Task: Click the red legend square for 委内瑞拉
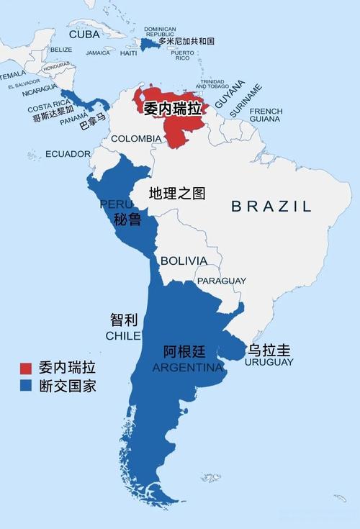pyautogui.click(x=26, y=368)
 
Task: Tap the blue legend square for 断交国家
pyautogui.click(x=26, y=386)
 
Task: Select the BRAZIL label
pyautogui.click(x=271, y=207)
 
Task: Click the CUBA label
pyautogui.click(x=84, y=34)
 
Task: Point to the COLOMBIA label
pyautogui.click(x=136, y=138)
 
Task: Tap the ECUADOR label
pyautogui.click(x=68, y=154)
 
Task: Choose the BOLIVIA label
pyautogui.click(x=184, y=261)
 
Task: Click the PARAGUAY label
pyautogui.click(x=222, y=281)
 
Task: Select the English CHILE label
pyautogui.click(x=123, y=336)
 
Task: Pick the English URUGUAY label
pyautogui.click(x=269, y=362)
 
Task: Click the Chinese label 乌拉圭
pyautogui.click(x=269, y=350)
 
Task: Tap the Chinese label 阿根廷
pyautogui.click(x=184, y=353)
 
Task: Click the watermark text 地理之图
pyautogui.click(x=177, y=193)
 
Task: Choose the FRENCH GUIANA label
pyautogui.click(x=266, y=116)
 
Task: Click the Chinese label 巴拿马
pyautogui.click(x=92, y=123)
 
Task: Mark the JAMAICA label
pyautogui.click(x=98, y=53)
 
